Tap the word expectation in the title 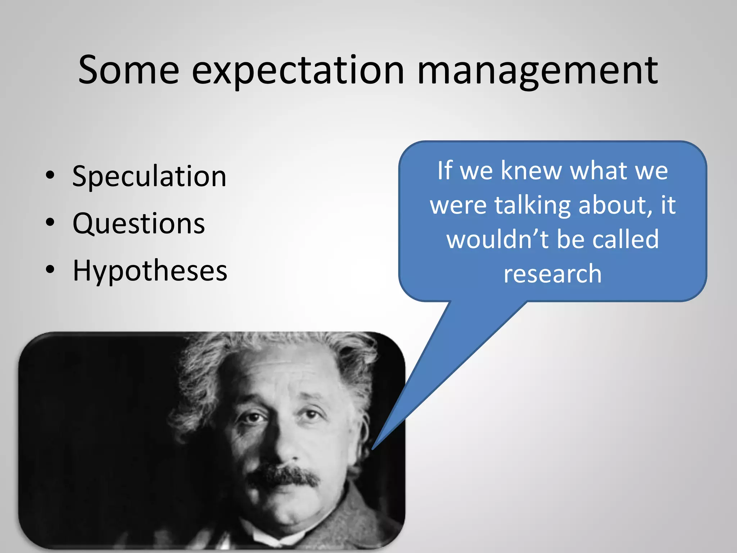[x=298, y=71]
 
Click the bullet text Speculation [x=149, y=176]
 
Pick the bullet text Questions [x=139, y=224]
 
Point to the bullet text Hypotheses [x=150, y=270]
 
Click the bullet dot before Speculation [x=50, y=175]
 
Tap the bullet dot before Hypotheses [x=50, y=269]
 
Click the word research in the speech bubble [x=552, y=274]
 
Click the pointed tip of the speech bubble [x=373, y=449]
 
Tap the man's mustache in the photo [x=284, y=475]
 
